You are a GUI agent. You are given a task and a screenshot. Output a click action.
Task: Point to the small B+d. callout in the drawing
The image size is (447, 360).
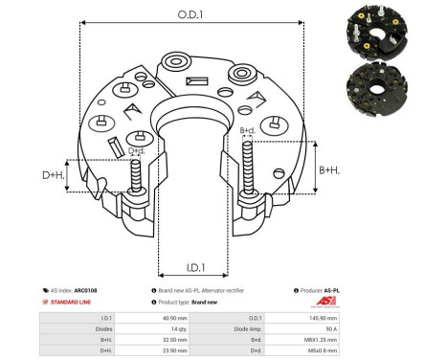[x=247, y=130]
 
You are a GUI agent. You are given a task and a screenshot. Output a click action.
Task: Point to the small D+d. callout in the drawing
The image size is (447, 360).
[x=137, y=150]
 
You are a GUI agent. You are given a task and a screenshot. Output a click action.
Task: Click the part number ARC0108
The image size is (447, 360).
[x=86, y=289]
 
